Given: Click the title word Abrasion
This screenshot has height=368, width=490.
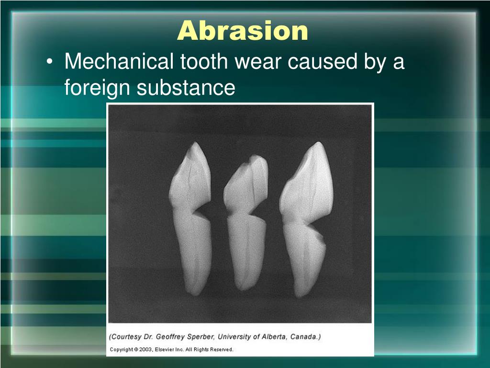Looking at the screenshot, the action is (x=243, y=31).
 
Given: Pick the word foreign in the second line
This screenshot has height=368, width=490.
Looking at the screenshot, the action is (x=97, y=88).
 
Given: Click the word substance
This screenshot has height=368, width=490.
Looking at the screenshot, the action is (x=186, y=87).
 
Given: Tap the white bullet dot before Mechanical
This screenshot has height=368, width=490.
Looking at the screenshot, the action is (x=50, y=61).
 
